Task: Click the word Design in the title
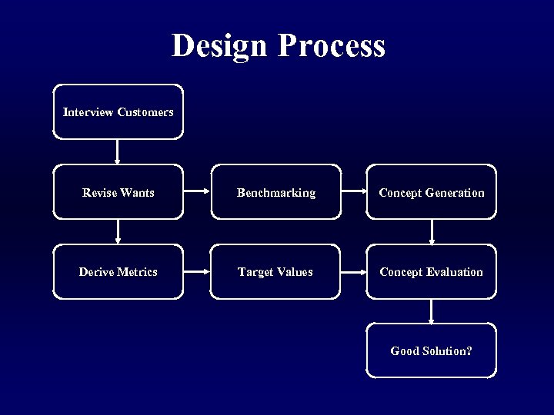tap(220, 46)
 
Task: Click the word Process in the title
tap(331, 46)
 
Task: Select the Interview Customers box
tap(118, 112)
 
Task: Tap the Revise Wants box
tap(118, 192)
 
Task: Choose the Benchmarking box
tap(275, 192)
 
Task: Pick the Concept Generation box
tap(431, 192)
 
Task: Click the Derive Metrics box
tap(118, 271)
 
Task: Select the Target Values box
tap(275, 271)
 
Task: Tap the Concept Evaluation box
tap(431, 271)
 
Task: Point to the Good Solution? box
tap(431, 350)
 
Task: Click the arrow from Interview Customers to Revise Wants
tap(118, 151)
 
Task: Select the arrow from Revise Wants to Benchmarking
tap(197, 192)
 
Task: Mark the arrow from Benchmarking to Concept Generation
tap(353, 192)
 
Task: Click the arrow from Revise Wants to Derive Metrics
tap(118, 231)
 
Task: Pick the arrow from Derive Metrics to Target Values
tap(197, 271)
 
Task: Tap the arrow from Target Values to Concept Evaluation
tap(353, 271)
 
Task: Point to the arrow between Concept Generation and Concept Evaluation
tap(432, 231)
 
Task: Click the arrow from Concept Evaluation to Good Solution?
tap(432, 310)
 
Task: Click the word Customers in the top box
tap(145, 112)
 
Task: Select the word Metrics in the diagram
tap(138, 271)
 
